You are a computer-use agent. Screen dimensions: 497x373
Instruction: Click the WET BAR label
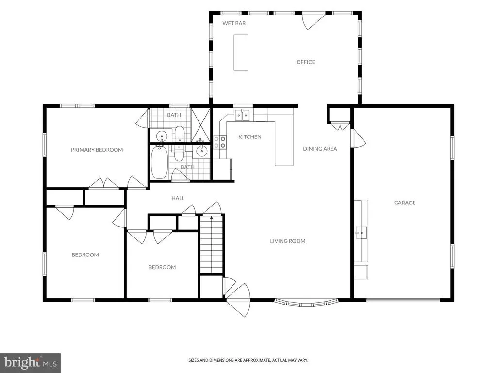234,23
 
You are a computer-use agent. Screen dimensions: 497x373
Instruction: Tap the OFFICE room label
306,62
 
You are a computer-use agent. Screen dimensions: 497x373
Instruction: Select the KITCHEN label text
250,136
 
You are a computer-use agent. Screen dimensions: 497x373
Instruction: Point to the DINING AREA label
320,149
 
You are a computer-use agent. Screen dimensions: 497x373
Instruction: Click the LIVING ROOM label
287,241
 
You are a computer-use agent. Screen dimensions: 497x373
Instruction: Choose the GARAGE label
404,203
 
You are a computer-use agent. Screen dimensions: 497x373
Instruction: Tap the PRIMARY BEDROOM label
97,150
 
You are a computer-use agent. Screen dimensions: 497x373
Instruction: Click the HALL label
178,198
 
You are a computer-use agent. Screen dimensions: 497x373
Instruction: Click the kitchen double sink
243,115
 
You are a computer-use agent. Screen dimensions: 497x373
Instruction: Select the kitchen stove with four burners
220,142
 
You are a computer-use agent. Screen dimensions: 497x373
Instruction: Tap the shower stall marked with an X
200,125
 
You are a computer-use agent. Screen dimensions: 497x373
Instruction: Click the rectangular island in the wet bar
241,52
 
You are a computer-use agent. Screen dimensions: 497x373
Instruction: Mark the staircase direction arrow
212,218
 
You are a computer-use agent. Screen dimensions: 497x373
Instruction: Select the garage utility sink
361,233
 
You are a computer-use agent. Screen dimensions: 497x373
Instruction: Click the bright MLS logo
31,362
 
